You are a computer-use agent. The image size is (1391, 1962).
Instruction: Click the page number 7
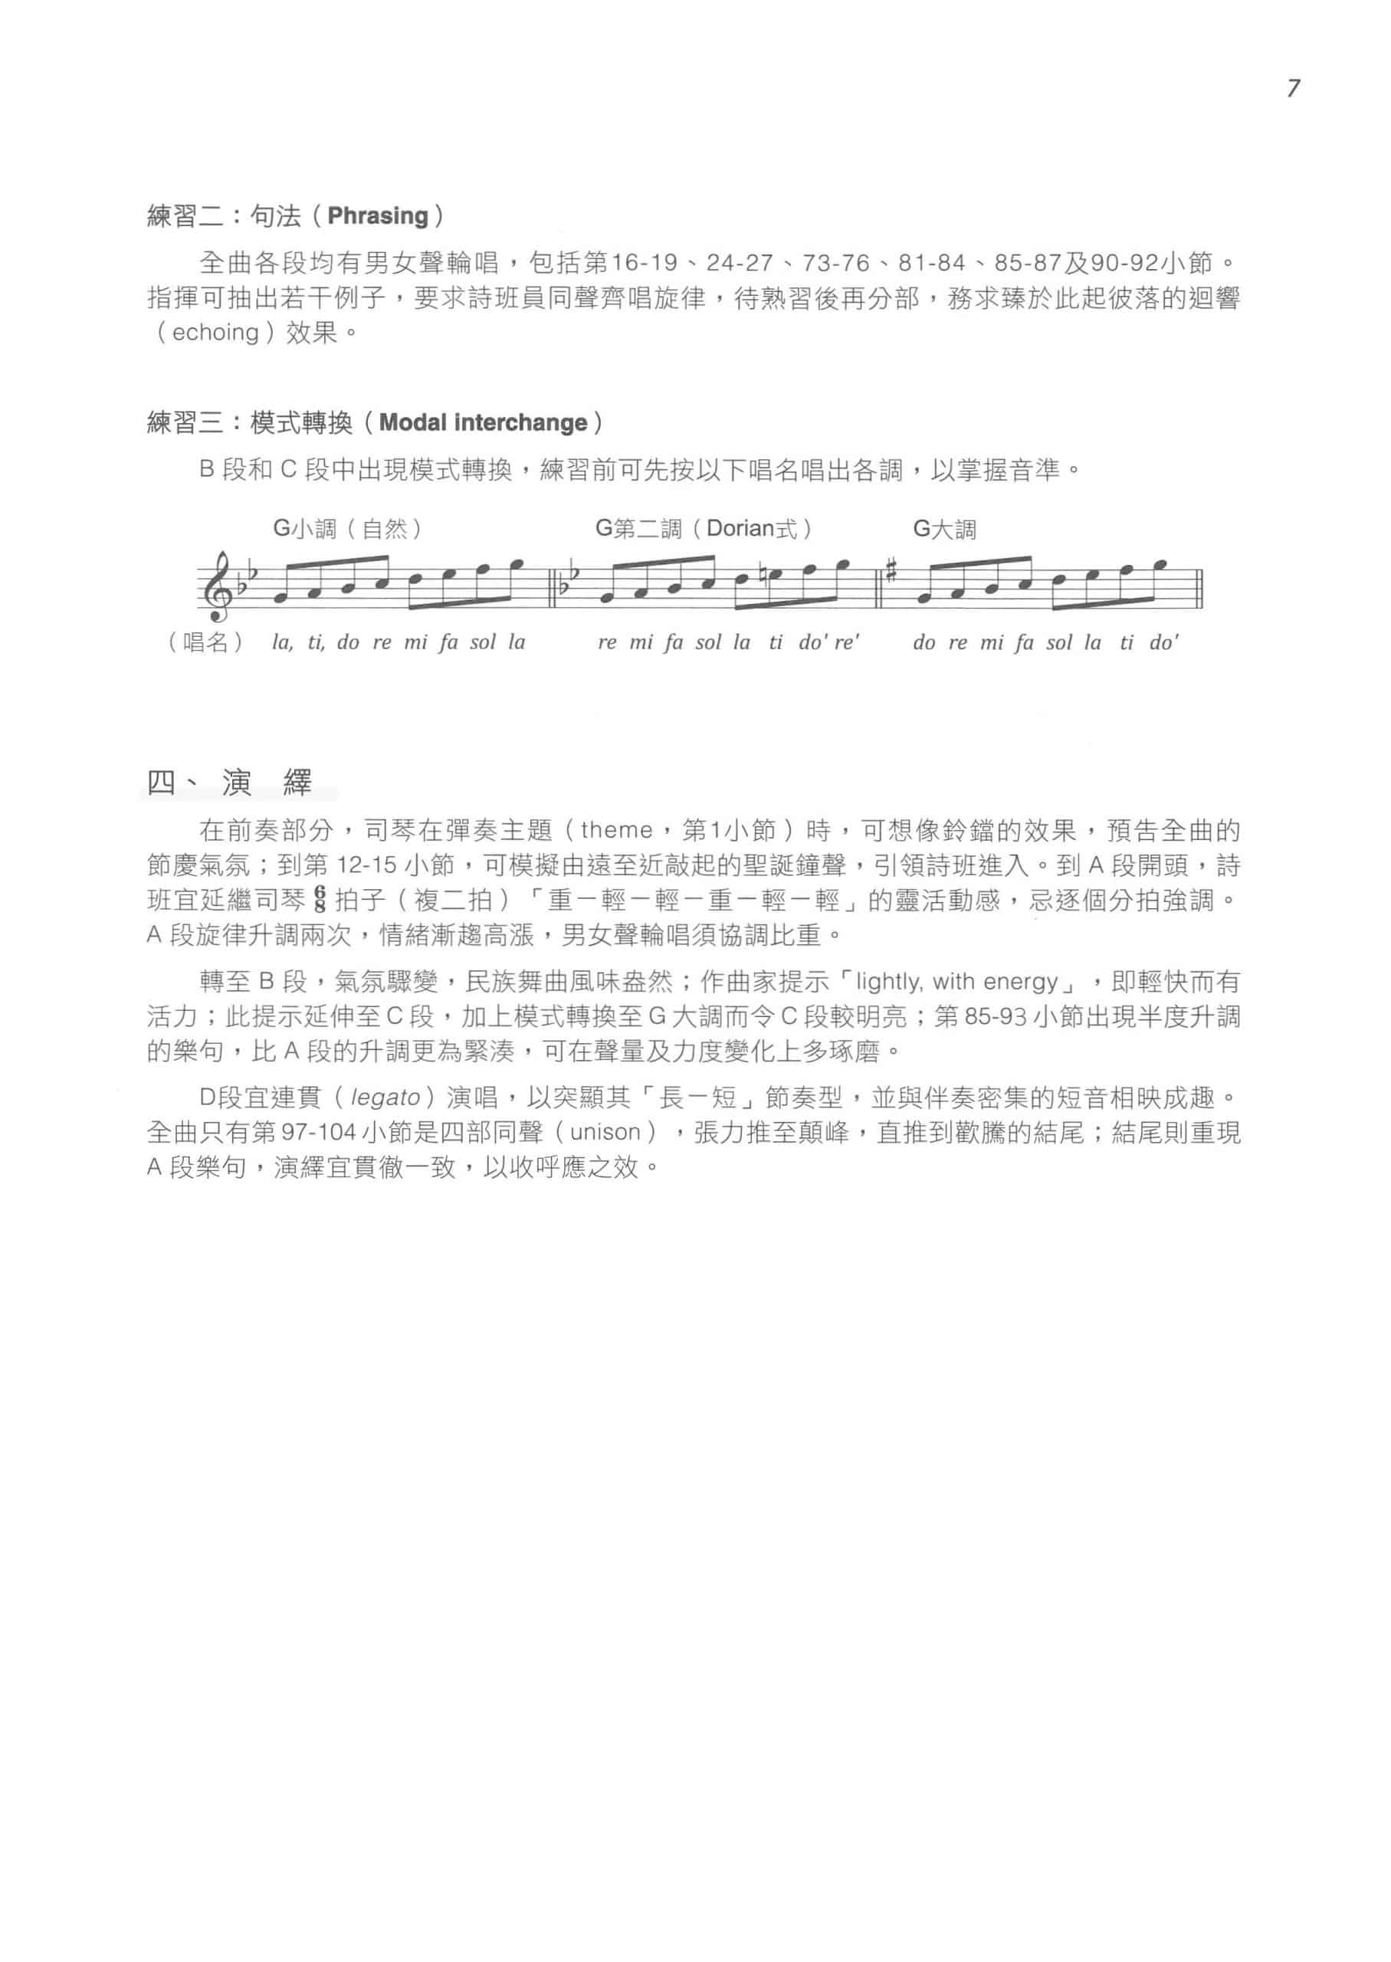[x=1292, y=88]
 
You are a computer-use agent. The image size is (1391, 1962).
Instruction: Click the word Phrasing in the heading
[x=378, y=216]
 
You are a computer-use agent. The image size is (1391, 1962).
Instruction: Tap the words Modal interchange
[x=483, y=423]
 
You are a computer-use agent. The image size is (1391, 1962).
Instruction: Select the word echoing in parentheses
[x=215, y=333]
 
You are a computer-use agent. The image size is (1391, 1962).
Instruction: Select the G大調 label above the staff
[x=944, y=530]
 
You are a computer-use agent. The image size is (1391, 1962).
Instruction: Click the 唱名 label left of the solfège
[x=205, y=642]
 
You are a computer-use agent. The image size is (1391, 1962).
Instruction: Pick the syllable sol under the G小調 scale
[x=483, y=642]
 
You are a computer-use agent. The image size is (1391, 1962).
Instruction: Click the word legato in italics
[x=385, y=1099]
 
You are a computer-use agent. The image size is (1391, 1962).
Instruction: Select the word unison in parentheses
[x=605, y=1133]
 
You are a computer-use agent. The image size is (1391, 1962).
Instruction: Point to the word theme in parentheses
[x=616, y=830]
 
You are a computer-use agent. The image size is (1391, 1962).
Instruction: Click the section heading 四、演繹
[x=230, y=782]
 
